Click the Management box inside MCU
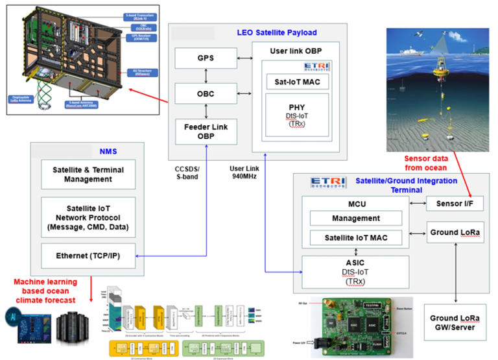pyautogui.click(x=355, y=219)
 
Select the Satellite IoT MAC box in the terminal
pyautogui.click(x=355, y=239)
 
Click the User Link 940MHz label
pyautogui.click(x=244, y=173)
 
